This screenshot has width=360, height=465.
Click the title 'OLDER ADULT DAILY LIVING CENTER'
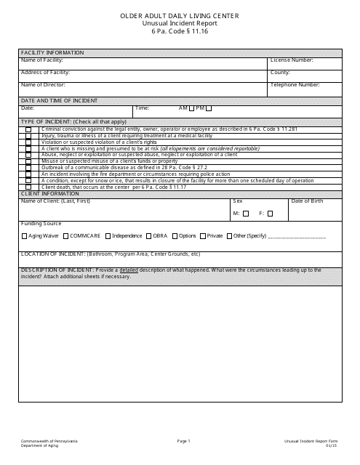[180, 15]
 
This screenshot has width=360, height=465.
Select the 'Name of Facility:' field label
[43, 60]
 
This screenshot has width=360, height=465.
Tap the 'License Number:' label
[292, 60]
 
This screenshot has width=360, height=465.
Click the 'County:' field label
[280, 73]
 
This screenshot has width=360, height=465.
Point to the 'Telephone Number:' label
[295, 85]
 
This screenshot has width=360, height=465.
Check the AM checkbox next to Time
[191, 108]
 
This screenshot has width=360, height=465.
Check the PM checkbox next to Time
[209, 108]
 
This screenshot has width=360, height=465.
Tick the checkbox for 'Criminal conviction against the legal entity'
[29, 129]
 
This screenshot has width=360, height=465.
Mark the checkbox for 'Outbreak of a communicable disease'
[29, 168]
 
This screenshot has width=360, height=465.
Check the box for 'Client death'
[29, 187]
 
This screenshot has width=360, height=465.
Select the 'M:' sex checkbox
[246, 214]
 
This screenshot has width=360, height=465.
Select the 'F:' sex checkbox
[269, 214]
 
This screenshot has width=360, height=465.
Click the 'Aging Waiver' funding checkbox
[24, 236]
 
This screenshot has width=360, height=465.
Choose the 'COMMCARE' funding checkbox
[65, 236]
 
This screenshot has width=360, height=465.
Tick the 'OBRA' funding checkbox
[148, 236]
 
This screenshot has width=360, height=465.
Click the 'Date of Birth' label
[307, 201]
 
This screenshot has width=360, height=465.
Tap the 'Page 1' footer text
[183, 441]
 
